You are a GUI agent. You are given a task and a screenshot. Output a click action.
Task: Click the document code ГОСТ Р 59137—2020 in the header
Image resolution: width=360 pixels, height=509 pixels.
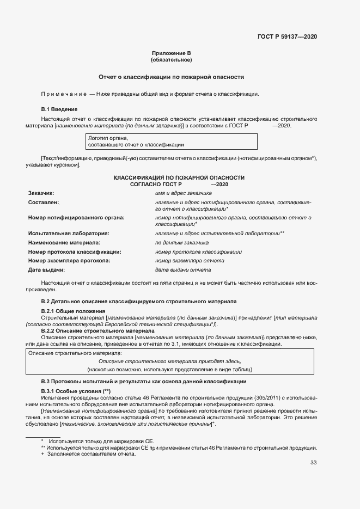pyautogui.click(x=287, y=36)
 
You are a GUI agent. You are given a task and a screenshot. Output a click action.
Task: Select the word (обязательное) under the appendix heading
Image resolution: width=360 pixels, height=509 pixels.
pyautogui.click(x=172, y=60)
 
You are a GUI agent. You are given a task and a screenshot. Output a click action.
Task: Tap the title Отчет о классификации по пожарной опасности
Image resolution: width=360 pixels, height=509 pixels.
pyautogui.click(x=171, y=77)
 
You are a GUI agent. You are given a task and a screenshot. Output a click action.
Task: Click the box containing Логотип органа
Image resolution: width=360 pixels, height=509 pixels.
pyautogui.click(x=172, y=142)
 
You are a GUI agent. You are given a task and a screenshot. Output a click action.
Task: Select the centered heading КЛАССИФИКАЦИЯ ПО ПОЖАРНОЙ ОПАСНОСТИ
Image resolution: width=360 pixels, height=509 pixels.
pyautogui.click(x=179, y=177)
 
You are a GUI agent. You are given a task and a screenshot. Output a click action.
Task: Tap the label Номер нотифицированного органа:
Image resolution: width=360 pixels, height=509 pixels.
pyautogui.click(x=76, y=218)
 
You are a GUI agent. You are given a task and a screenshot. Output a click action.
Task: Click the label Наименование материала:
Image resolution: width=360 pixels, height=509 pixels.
pyautogui.click(x=64, y=243)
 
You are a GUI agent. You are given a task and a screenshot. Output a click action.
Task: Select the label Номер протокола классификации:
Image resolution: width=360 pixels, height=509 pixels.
pyautogui.click(x=75, y=252)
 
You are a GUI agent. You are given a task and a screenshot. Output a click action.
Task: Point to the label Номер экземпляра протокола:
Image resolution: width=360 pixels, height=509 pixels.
pyautogui.click(x=69, y=261)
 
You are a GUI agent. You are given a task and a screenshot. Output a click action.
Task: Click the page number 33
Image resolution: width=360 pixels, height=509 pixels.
pyautogui.click(x=313, y=463)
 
